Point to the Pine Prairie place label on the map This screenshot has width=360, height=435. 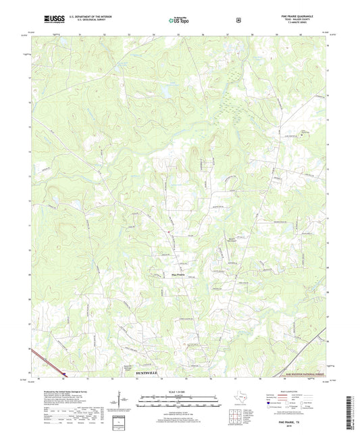tap(177, 274)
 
